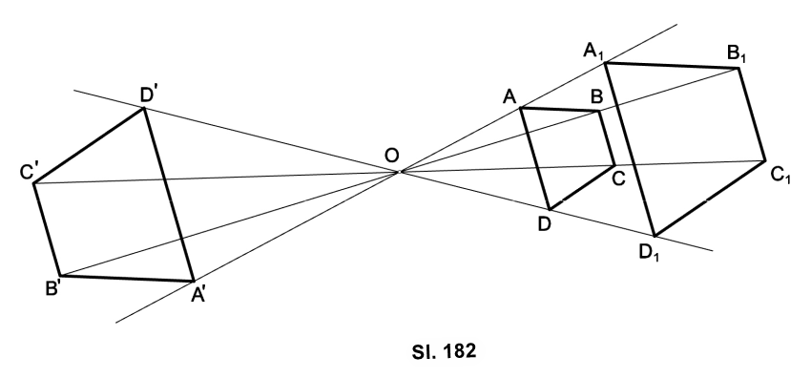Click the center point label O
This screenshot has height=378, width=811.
pyautogui.click(x=392, y=156)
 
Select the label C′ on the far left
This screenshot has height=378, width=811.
pyautogui.click(x=29, y=171)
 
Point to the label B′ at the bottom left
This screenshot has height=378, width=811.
pyautogui.click(x=53, y=288)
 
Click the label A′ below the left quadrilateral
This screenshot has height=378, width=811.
pyautogui.click(x=198, y=295)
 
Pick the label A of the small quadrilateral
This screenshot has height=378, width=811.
pyautogui.click(x=509, y=96)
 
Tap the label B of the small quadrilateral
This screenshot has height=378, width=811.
pyautogui.click(x=596, y=97)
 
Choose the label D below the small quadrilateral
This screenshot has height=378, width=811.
pyautogui.click(x=544, y=224)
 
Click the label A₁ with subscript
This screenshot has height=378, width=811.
pyautogui.click(x=593, y=52)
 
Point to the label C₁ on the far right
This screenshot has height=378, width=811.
pyautogui.click(x=780, y=176)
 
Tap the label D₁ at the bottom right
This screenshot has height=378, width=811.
pyautogui.click(x=649, y=253)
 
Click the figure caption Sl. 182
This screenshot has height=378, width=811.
pyautogui.click(x=444, y=351)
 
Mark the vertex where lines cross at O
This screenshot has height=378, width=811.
pyautogui.click(x=400, y=172)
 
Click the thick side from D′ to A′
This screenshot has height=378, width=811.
pyautogui.click(x=169, y=195)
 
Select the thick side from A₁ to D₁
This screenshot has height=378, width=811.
pyautogui.click(x=630, y=150)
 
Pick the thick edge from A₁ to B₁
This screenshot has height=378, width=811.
pyautogui.click(x=673, y=65)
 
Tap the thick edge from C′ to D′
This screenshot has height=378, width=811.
pyautogui.click(x=89, y=145)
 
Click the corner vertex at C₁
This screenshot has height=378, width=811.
pyautogui.click(x=765, y=160)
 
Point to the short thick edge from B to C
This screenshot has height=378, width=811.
pyautogui.click(x=607, y=138)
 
